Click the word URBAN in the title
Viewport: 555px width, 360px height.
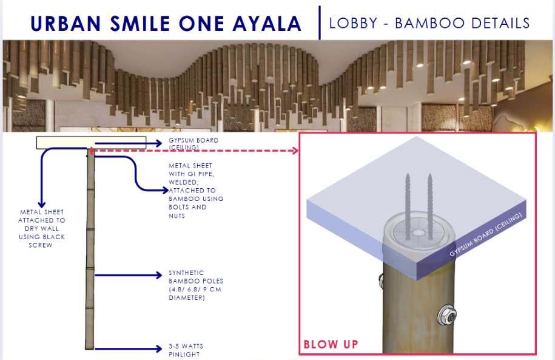coord(67,24)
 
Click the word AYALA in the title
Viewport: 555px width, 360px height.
coord(269,24)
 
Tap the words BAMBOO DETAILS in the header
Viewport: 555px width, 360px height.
coord(462,24)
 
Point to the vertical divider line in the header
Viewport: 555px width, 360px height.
coord(319,22)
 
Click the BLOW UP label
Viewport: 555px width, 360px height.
coord(331,344)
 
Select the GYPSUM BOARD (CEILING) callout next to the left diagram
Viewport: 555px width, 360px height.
coord(193,143)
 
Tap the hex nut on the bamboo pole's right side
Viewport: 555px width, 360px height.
coord(449,314)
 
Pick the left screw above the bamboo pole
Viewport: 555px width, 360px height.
coord(408,200)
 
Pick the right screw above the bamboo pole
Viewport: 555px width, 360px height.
coord(429,200)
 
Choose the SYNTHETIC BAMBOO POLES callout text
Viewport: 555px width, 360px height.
coord(195,285)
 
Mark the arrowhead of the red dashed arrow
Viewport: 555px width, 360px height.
coord(296,150)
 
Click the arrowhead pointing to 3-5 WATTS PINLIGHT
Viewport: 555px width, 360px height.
coord(160,348)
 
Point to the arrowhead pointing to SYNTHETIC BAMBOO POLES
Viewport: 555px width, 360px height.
coord(160,275)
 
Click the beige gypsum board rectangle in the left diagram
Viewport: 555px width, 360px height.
coord(91,143)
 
